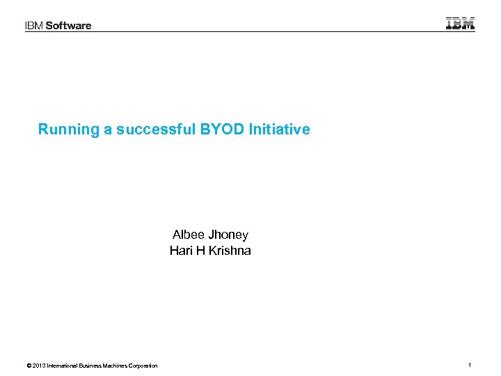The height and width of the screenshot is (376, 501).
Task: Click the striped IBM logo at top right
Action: coord(460,23)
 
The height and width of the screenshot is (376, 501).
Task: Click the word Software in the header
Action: coord(69,26)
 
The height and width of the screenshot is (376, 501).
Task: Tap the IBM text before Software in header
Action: coord(34,26)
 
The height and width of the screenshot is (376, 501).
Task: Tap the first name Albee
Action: coord(188,235)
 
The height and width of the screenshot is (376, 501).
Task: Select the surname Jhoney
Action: coord(228,235)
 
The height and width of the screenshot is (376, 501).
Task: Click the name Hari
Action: coord(181,251)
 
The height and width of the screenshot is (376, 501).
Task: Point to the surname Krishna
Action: coord(231,251)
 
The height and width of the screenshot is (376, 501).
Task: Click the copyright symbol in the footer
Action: coord(28,366)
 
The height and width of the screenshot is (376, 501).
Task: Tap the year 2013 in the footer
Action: coord(39,366)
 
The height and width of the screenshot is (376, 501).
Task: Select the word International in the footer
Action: coord(63,366)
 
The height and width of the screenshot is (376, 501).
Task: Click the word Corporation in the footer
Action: coord(144,366)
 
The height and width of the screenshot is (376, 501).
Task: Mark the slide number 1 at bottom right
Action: coord(470,366)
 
